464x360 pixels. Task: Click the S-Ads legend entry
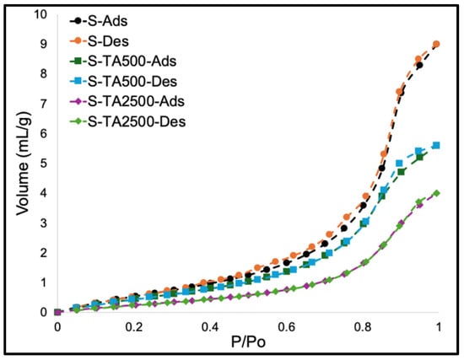(x=99, y=21)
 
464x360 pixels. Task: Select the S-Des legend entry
(x=100, y=41)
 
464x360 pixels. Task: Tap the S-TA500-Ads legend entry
(x=123, y=62)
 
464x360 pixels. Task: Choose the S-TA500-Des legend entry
(x=123, y=81)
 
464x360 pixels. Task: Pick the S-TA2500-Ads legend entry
(x=127, y=101)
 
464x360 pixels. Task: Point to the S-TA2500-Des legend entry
(x=128, y=121)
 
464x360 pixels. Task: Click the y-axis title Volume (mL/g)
(x=24, y=164)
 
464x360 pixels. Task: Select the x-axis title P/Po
(x=248, y=342)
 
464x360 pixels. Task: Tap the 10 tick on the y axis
(x=40, y=14)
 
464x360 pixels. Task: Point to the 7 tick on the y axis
(x=44, y=104)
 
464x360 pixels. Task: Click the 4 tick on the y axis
(x=44, y=193)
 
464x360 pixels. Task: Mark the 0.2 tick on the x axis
(x=134, y=327)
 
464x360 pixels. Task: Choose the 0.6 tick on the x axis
(x=286, y=327)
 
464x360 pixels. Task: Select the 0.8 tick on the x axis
(x=363, y=327)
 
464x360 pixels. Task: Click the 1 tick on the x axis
(x=439, y=327)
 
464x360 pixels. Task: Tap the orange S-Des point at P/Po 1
(x=436, y=45)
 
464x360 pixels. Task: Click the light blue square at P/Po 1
(x=436, y=145)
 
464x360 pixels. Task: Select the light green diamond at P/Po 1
(x=436, y=193)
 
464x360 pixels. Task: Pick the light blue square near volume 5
(x=399, y=164)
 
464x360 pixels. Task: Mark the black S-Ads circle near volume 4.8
(x=381, y=168)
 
